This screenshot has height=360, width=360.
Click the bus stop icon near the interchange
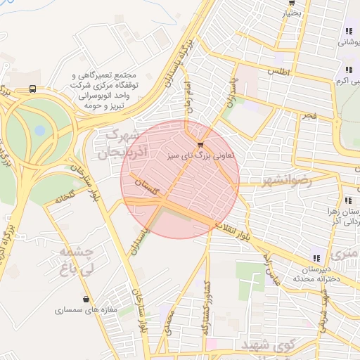(x=33, y=89)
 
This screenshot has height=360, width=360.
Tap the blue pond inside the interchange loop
(x=39, y=130)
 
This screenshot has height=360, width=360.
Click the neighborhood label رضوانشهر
(x=284, y=181)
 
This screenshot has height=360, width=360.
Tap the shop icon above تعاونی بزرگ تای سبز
(x=200, y=144)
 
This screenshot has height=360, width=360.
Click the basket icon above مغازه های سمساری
(x=86, y=300)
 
